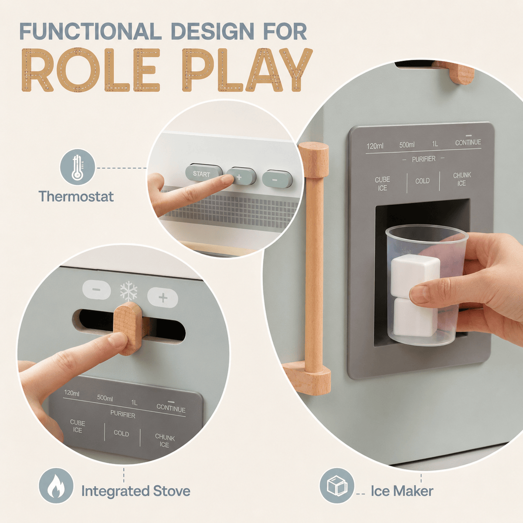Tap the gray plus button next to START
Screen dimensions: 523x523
tap(241, 177)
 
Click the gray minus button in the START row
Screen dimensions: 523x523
tap(277, 179)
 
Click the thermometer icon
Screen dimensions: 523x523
tap(78, 167)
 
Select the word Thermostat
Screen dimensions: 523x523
tap(76, 196)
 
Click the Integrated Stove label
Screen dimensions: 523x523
tap(136, 491)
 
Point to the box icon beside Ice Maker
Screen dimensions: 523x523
tap(337, 485)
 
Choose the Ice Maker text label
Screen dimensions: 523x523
tap(402, 491)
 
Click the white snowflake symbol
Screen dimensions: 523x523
tap(129, 291)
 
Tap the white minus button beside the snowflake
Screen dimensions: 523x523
tap(97, 289)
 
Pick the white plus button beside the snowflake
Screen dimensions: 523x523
tap(163, 298)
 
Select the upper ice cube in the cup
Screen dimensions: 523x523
tap(415, 274)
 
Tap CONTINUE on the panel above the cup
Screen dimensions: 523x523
tap(468, 142)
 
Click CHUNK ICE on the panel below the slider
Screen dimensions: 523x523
tap(164, 441)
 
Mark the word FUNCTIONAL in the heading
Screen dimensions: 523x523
tap(91, 31)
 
